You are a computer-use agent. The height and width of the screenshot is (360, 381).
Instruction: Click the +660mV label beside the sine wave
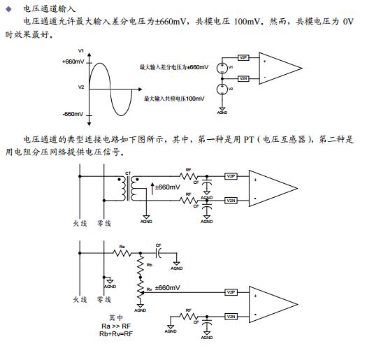pyautogui.click(x=73, y=62)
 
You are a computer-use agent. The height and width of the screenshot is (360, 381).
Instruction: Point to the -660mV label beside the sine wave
pyautogui.click(x=73, y=113)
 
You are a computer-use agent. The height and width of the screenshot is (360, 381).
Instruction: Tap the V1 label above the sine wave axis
pyautogui.click(x=81, y=51)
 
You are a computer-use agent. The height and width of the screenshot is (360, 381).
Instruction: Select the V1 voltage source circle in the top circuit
pyautogui.click(x=222, y=67)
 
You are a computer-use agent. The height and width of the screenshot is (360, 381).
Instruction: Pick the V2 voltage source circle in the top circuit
pyautogui.click(x=222, y=89)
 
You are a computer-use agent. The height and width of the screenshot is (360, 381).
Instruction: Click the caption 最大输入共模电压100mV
pyautogui.click(x=174, y=99)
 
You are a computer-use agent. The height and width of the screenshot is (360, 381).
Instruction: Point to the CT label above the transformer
pyautogui.click(x=127, y=173)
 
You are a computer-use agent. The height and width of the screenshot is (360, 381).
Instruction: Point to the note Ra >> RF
pyautogui.click(x=115, y=326)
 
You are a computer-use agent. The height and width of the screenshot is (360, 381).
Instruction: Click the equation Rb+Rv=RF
pyautogui.click(x=115, y=333)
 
